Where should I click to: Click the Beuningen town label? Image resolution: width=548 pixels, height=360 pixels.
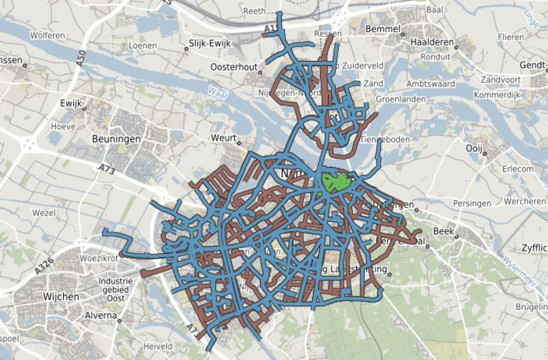(x=116, y=139)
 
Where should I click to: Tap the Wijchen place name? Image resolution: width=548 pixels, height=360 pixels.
(x=61, y=296)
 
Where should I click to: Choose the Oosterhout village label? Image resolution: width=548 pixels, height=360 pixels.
(x=234, y=67)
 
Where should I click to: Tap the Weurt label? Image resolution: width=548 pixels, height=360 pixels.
(x=224, y=138)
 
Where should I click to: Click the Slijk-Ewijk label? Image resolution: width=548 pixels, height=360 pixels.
(x=209, y=44)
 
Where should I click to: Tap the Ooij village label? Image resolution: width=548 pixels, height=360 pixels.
(x=474, y=149)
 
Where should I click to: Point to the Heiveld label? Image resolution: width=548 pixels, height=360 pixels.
(x=158, y=346)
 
